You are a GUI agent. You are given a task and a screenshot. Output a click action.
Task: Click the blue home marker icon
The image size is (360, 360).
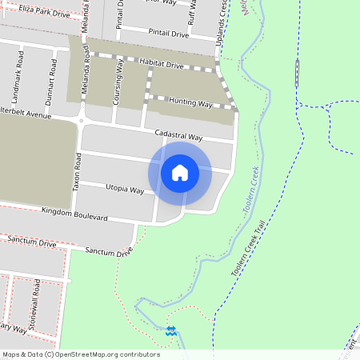pos(180,172)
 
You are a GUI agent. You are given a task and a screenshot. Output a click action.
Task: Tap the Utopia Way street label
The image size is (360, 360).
pos(124,190)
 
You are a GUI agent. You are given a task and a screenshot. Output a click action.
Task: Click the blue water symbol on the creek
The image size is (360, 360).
pos(170,330)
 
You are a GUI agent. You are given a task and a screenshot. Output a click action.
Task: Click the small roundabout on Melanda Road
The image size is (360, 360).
pos(82,122)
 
